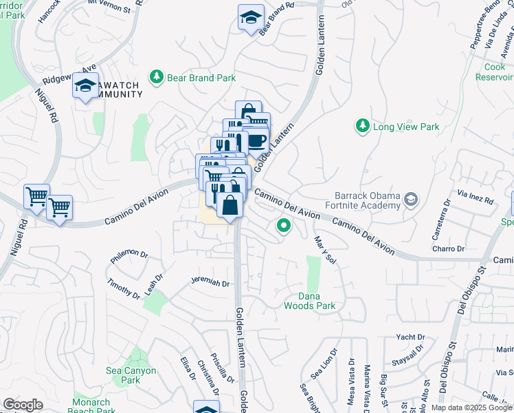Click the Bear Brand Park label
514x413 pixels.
(x=201, y=78)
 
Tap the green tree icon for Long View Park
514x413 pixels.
(x=362, y=126)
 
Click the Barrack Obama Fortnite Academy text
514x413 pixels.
(x=368, y=200)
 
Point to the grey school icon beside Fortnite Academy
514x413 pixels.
(x=411, y=200)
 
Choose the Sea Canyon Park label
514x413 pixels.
(x=131, y=375)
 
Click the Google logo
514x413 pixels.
(x=23, y=404)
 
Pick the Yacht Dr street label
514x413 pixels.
(x=411, y=337)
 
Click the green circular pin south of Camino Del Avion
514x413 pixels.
(x=282, y=225)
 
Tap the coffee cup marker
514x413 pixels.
(x=256, y=140)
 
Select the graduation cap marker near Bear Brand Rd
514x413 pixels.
(x=251, y=17)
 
